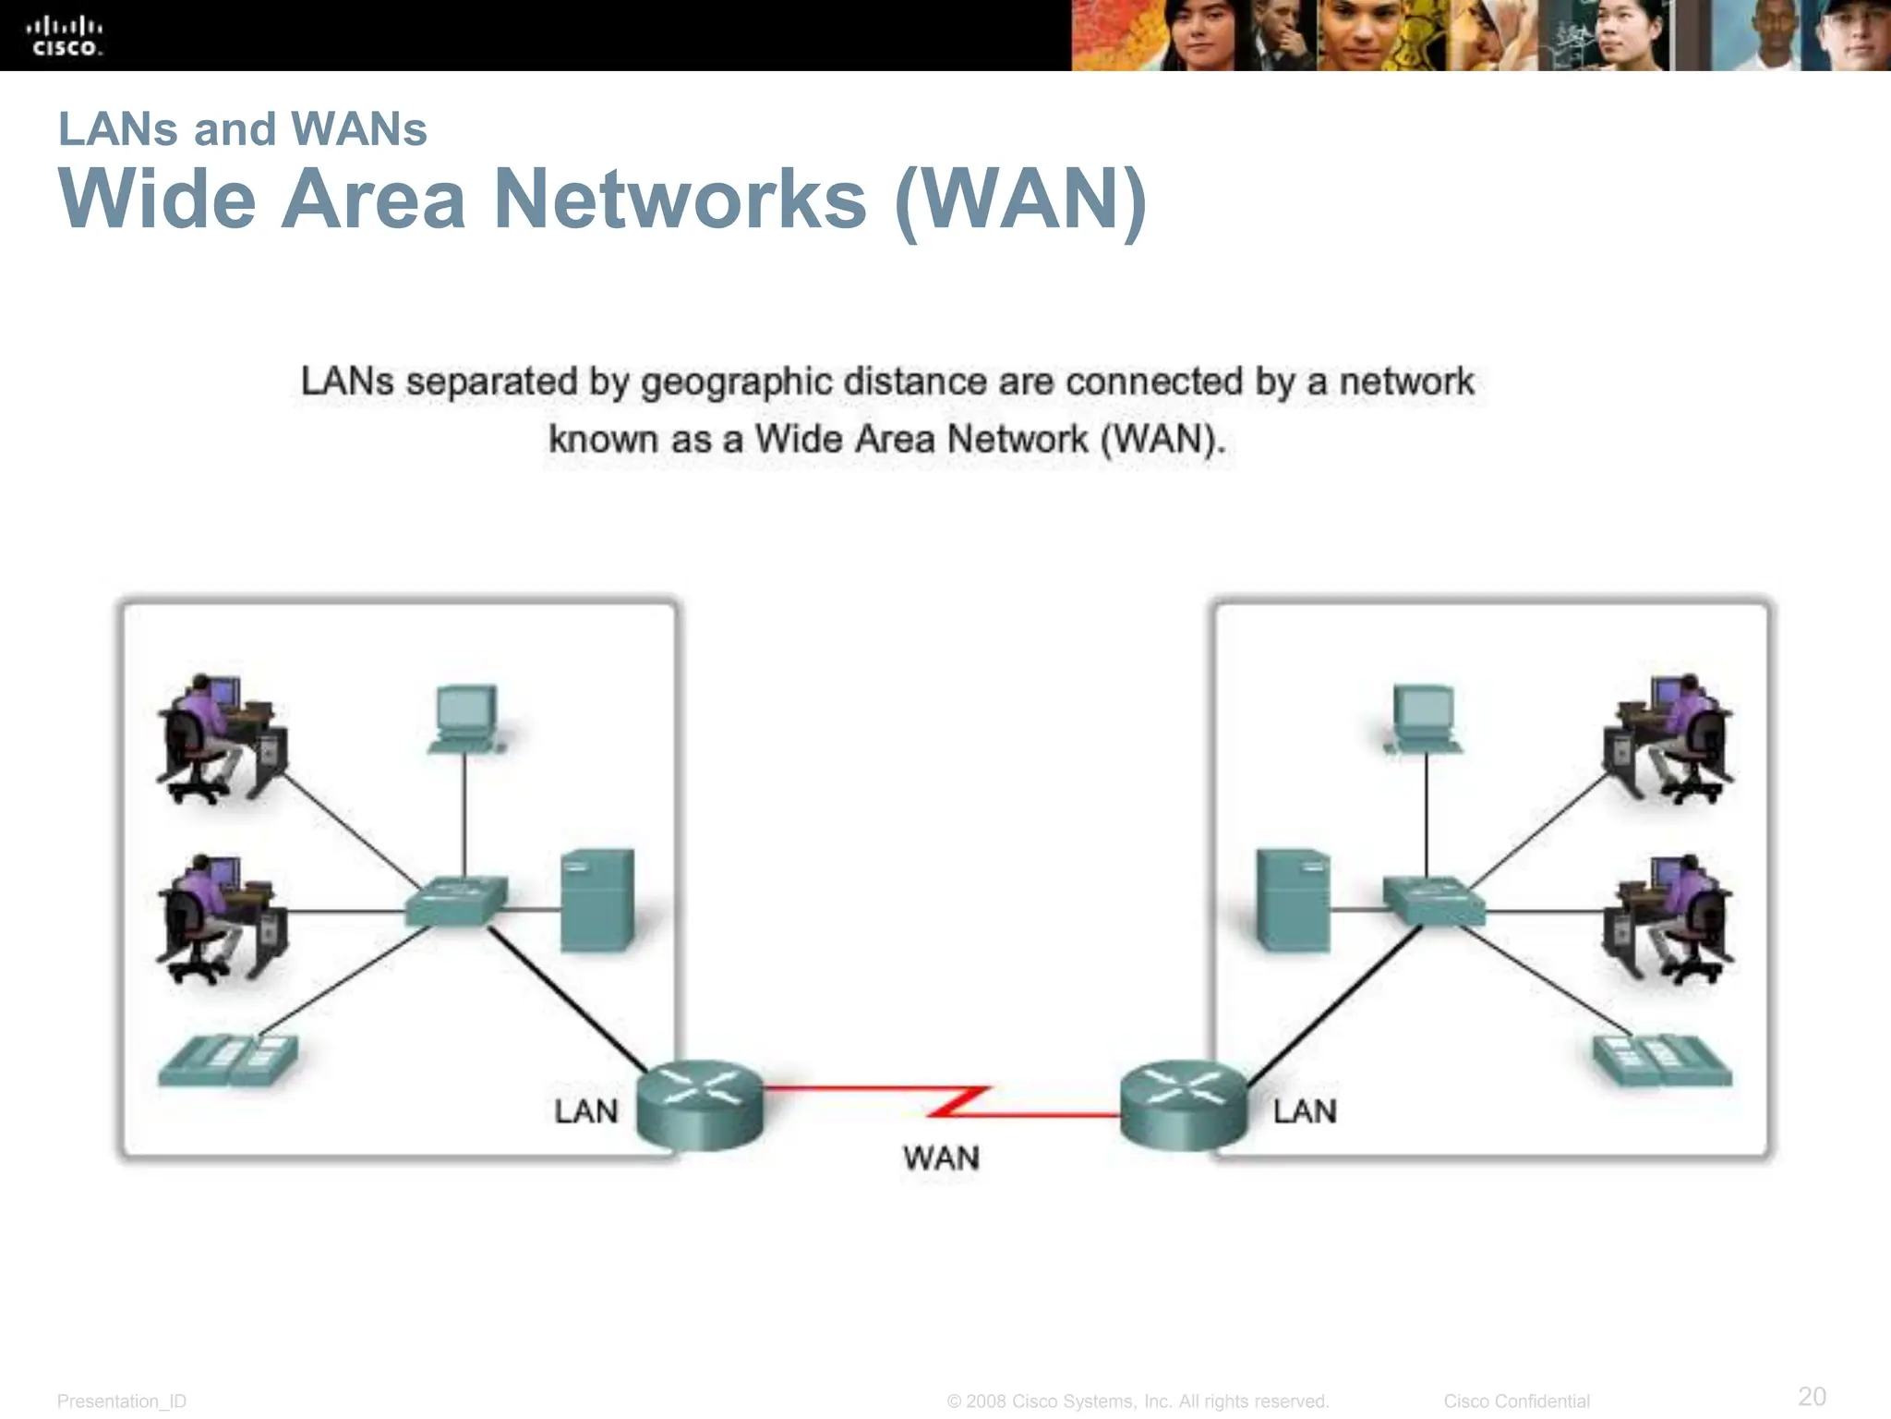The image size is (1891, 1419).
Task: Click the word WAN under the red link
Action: tap(941, 1158)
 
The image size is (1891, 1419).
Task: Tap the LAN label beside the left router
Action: tap(585, 1111)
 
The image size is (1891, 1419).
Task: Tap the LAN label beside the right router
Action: tap(1305, 1111)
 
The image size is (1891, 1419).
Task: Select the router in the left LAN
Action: tap(701, 1104)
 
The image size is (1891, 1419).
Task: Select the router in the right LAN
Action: tap(1184, 1104)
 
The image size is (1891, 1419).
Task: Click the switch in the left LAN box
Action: tap(456, 901)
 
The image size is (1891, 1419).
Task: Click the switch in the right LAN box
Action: tap(1433, 901)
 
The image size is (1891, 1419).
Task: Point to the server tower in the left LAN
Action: tap(597, 900)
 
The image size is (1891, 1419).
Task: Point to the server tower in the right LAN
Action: tap(1294, 900)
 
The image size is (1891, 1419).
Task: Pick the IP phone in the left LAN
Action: tap(228, 1061)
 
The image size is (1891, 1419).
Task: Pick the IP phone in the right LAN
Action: tap(1662, 1061)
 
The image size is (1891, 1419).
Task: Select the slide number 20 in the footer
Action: tap(1812, 1395)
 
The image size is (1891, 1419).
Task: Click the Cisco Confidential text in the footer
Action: tap(1516, 1401)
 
